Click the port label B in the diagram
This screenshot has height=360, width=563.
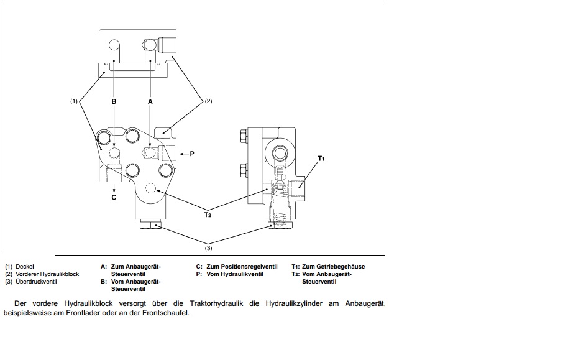114,100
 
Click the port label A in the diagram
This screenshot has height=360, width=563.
150,100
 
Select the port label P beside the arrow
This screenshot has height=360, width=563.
191,152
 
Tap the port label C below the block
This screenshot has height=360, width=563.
114,198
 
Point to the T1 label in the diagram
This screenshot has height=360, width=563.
321,159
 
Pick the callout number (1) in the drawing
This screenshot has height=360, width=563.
74,100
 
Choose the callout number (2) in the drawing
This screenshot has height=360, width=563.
208,101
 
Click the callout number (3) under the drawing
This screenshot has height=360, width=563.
208,247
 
